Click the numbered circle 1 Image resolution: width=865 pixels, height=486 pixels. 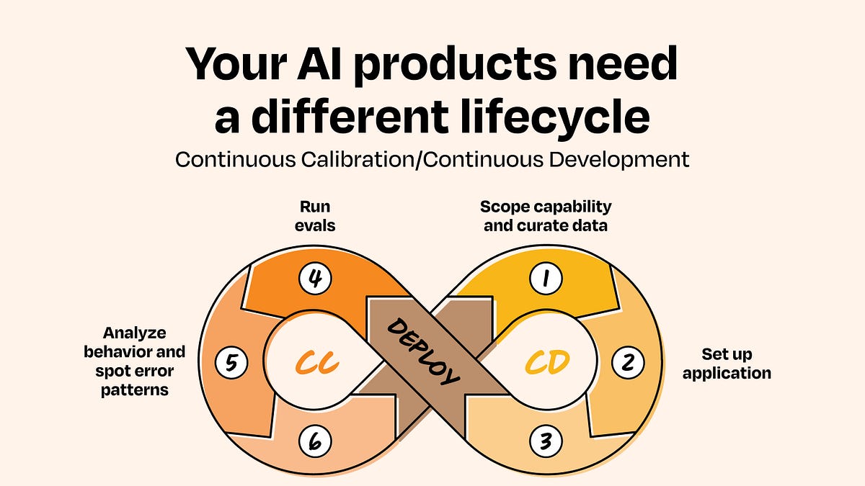click(x=546, y=278)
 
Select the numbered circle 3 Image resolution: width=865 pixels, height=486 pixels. click(x=546, y=441)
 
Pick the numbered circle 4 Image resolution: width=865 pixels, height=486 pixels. click(x=315, y=278)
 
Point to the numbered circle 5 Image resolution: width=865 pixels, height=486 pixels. click(x=231, y=363)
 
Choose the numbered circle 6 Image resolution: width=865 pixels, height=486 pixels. click(x=315, y=441)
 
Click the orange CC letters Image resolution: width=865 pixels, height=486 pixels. click(x=317, y=362)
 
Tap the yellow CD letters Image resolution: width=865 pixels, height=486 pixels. click(x=547, y=362)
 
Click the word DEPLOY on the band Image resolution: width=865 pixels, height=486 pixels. click(x=423, y=352)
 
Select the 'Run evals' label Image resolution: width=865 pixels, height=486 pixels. click(x=315, y=216)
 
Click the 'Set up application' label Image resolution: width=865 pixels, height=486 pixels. click(x=727, y=364)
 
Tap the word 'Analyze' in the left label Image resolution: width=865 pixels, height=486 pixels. click(x=134, y=333)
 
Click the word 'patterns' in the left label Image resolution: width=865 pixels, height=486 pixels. click(x=134, y=390)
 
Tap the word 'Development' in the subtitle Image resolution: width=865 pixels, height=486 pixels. click(x=619, y=160)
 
